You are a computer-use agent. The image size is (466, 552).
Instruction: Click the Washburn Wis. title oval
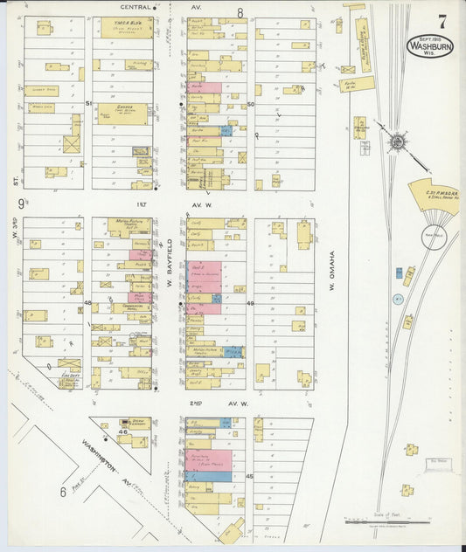pos(430,45)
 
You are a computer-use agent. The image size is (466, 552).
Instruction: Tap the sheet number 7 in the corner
pos(443,19)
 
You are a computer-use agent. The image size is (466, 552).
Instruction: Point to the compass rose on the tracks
pos(398,141)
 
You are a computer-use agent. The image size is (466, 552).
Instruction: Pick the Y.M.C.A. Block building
pos(126,27)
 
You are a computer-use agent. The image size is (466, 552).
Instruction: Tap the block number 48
pos(88,303)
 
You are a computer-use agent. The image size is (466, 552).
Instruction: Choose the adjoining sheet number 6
pos(63,493)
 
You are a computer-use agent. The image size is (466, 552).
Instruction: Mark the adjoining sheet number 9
pos(20,204)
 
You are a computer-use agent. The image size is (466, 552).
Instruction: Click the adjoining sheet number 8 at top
pos(240,13)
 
